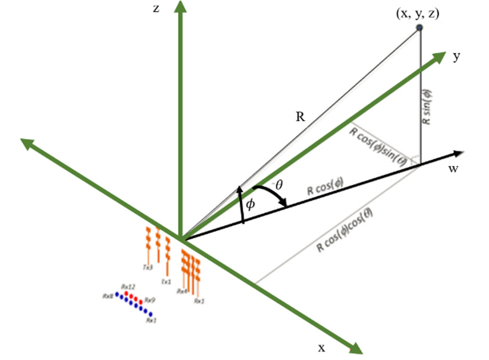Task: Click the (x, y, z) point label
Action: coord(417,14)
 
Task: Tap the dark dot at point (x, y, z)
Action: coord(420,27)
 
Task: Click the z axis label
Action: coord(156,10)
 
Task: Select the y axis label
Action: coord(457,57)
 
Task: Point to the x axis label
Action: coord(321,347)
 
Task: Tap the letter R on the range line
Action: coord(300,116)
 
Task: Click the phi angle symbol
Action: coord(250,205)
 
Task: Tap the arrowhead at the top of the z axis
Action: coord(182,8)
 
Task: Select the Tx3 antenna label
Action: coord(148,267)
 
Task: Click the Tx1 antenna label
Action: coord(166,282)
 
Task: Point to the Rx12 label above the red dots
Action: coord(128,286)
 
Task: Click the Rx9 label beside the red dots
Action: coord(150,300)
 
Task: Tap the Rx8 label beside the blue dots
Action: coord(107,296)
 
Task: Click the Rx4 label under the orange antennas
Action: coord(182,291)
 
